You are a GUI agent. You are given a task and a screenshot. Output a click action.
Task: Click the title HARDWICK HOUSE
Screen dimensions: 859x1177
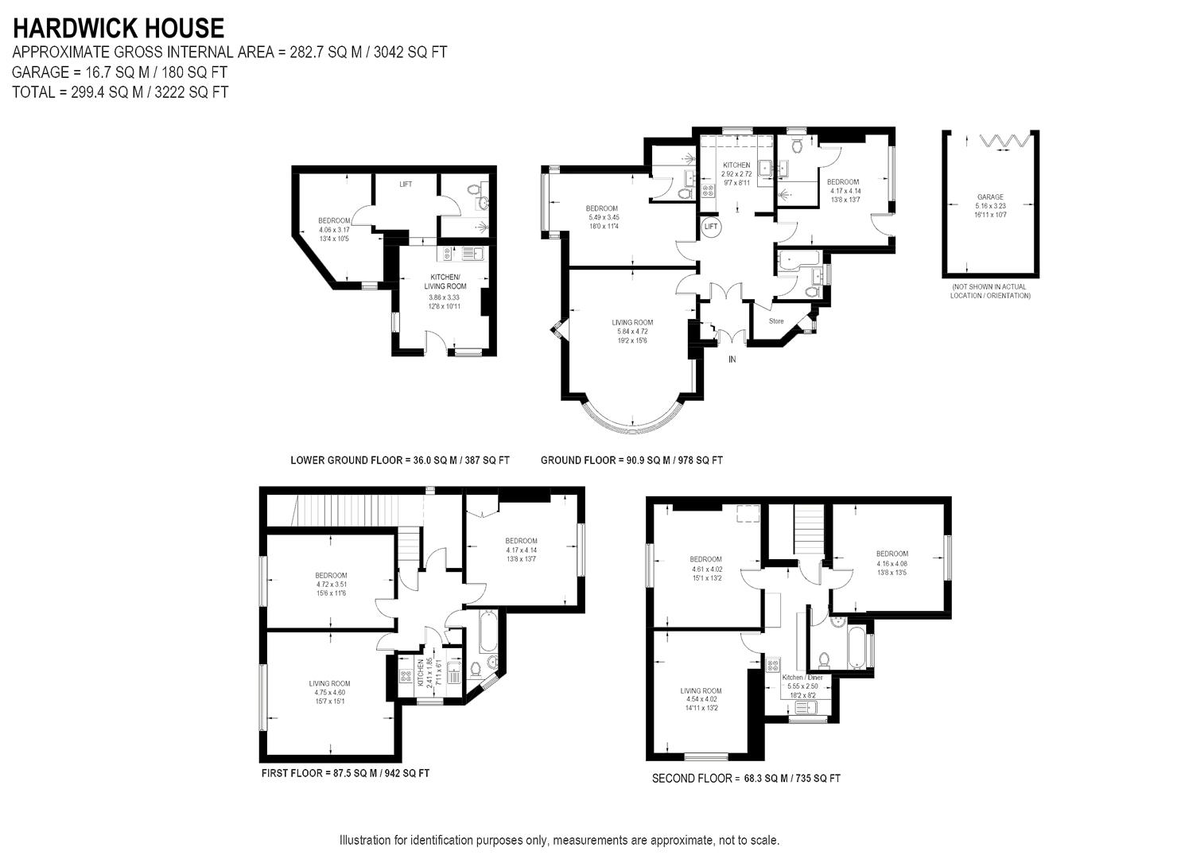pos(118,29)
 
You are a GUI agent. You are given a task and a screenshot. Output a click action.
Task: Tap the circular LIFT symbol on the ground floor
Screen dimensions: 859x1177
pos(711,227)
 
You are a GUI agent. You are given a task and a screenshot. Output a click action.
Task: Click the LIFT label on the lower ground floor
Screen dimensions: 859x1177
pos(406,185)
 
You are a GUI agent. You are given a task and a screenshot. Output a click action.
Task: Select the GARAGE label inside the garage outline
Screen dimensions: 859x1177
pos(990,197)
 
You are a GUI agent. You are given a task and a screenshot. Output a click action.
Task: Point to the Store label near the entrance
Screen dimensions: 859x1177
pos(776,321)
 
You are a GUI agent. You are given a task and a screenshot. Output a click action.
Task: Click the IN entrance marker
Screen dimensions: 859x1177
pos(732,360)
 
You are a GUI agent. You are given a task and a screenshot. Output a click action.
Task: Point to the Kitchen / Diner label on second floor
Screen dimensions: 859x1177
pos(802,677)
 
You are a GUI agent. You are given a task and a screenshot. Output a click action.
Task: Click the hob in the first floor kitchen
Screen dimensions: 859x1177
pos(406,678)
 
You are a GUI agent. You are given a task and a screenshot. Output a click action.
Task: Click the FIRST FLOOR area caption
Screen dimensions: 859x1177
pos(345,773)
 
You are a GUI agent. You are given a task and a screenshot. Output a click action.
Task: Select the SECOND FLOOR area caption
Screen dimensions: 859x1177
pos(745,779)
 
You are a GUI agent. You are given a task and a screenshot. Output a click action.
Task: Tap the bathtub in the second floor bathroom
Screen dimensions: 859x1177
pos(857,647)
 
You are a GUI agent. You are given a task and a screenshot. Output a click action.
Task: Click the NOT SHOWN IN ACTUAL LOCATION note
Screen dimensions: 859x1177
pos(990,291)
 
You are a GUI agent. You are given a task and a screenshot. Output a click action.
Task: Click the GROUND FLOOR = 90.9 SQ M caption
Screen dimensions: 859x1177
pos(631,460)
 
